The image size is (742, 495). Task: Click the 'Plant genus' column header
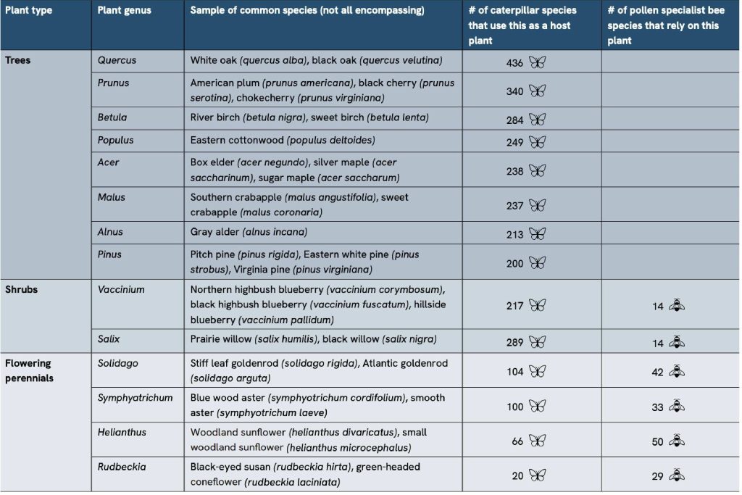click(x=121, y=11)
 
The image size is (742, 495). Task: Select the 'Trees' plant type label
click(x=18, y=60)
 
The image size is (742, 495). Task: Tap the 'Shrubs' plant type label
click(x=22, y=289)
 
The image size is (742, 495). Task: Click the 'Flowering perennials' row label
click(x=29, y=370)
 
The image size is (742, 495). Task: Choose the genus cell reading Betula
click(x=112, y=117)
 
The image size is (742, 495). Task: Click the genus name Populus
click(x=116, y=140)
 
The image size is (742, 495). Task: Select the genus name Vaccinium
click(x=121, y=289)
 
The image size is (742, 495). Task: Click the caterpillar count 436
click(x=514, y=63)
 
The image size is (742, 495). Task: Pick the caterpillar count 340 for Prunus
click(x=514, y=91)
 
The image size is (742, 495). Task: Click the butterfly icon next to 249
click(x=537, y=142)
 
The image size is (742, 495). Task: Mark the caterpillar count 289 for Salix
click(x=514, y=342)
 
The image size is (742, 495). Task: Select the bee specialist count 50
click(x=657, y=441)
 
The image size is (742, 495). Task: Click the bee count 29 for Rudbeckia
click(x=657, y=476)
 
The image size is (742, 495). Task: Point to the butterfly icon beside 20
click(x=537, y=475)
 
